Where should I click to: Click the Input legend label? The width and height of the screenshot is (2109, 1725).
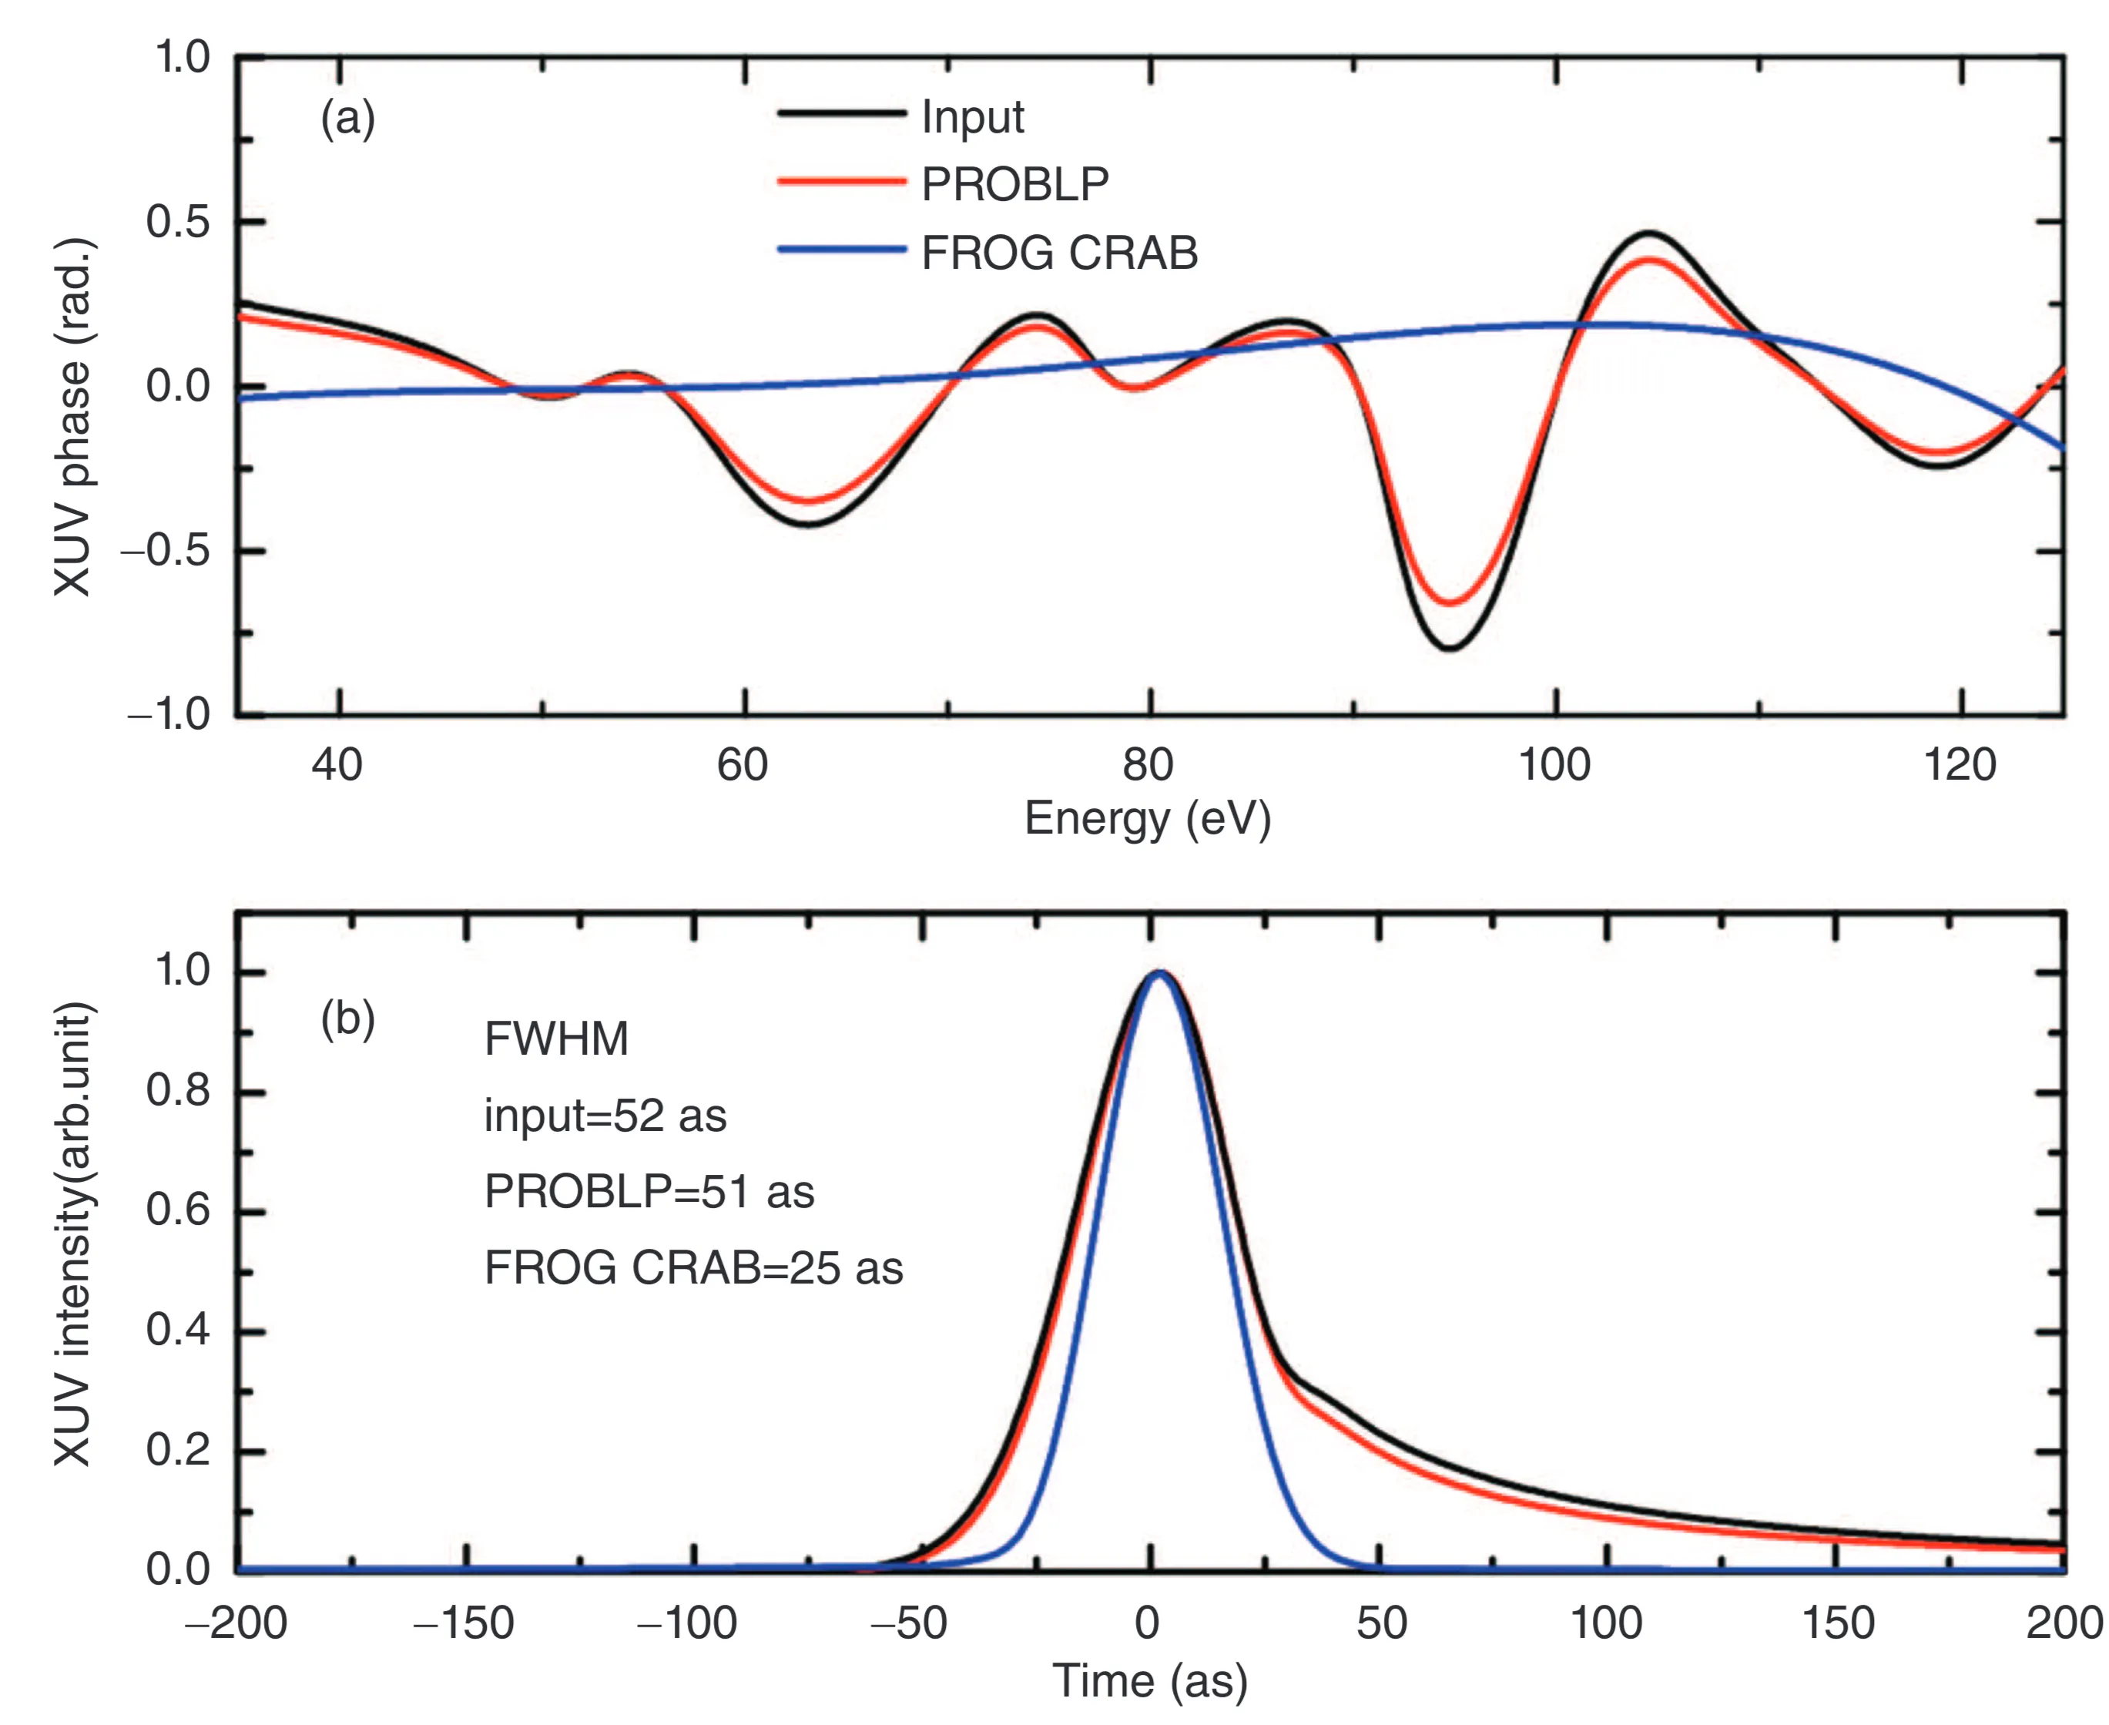click(971, 117)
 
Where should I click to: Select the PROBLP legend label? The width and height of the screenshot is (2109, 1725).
click(1014, 185)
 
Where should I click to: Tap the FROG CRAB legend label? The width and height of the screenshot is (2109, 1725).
click(1059, 253)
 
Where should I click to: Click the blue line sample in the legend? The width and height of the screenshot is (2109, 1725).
click(840, 250)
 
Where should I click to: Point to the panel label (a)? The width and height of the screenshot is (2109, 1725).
click(347, 119)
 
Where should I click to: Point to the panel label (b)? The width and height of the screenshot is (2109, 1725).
click(347, 1019)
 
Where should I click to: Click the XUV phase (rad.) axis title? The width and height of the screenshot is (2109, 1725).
click(72, 418)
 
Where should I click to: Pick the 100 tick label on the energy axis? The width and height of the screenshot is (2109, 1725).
click(1554, 766)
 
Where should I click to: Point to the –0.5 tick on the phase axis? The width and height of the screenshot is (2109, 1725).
click(167, 551)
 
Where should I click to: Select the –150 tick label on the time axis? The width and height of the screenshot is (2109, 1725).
click(463, 1623)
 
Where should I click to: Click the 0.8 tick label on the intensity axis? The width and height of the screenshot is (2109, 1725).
click(179, 1091)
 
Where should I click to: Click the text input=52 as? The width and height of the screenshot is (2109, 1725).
click(605, 1116)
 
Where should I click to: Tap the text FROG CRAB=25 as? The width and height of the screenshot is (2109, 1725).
click(693, 1269)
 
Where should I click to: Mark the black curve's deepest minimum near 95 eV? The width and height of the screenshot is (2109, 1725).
click(1450, 648)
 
